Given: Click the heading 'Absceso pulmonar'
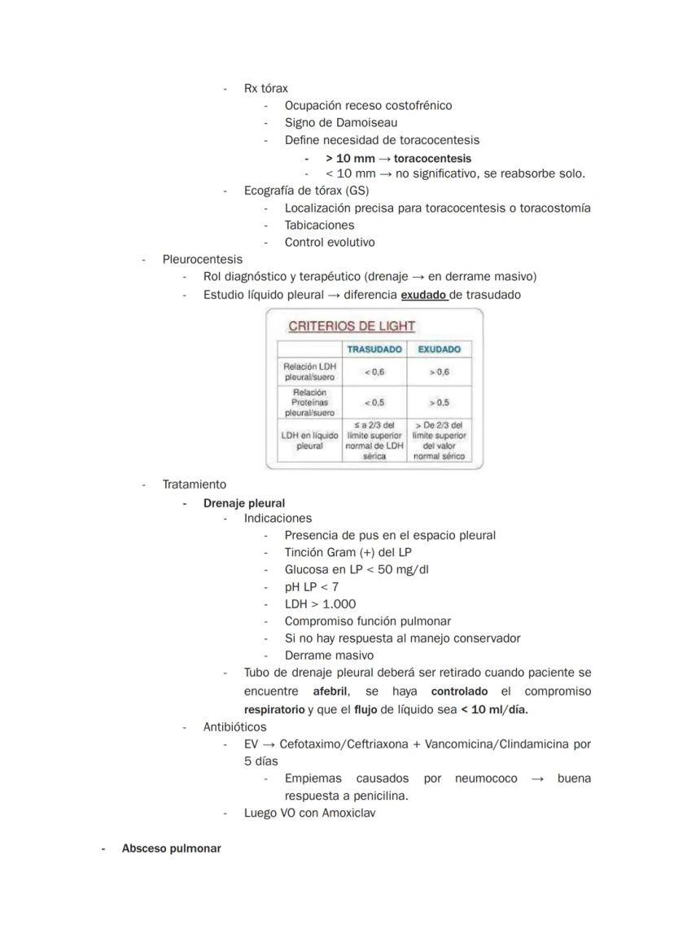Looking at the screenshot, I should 171,848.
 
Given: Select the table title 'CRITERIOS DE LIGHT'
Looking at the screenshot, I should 352,326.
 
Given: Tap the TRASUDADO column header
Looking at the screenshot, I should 374,349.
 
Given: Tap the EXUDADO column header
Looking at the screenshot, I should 439,349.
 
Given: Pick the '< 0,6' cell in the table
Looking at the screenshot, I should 374,372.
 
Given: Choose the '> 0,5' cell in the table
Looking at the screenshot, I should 439,402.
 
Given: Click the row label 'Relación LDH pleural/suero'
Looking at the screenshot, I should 309,372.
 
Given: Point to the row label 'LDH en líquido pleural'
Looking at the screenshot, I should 309,441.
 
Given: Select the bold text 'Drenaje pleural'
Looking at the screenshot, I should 244,503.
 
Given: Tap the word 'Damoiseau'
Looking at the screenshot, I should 367,122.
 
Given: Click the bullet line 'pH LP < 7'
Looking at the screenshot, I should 312,586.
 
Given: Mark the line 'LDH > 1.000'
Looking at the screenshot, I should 320,603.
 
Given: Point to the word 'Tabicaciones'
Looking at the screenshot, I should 319,225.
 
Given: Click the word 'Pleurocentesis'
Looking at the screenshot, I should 202,259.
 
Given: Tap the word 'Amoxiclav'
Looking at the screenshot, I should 348,812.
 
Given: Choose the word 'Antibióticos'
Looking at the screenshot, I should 234,726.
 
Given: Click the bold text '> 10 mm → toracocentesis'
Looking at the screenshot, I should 398,158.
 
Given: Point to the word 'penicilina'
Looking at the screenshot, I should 377,795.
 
